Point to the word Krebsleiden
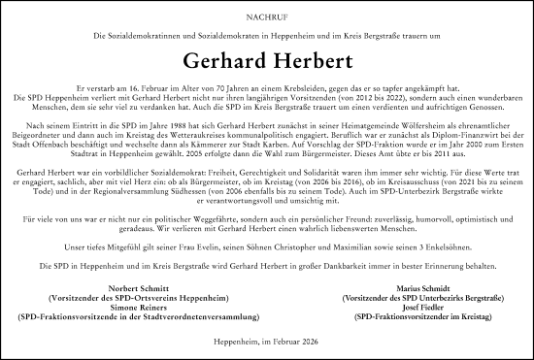320,85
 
